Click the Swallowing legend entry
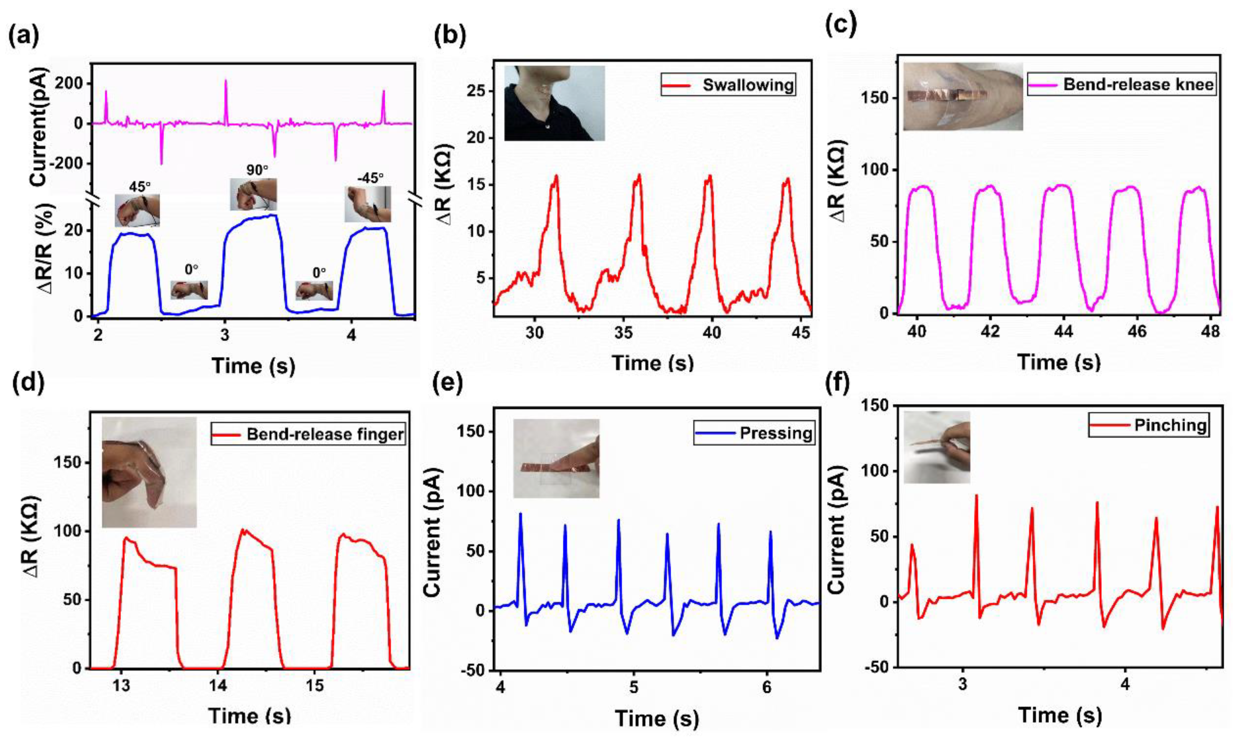click(x=728, y=85)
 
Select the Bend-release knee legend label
click(x=1122, y=84)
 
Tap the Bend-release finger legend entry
click(x=308, y=433)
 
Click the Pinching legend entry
click(x=1147, y=425)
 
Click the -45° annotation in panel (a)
click(x=371, y=178)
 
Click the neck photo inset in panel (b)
click(x=554, y=103)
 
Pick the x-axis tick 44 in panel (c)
click(x=1063, y=333)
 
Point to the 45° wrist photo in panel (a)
click(x=137, y=210)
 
